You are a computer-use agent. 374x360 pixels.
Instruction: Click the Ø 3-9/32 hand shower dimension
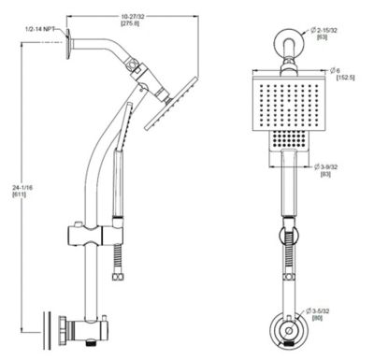coord(328,166)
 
